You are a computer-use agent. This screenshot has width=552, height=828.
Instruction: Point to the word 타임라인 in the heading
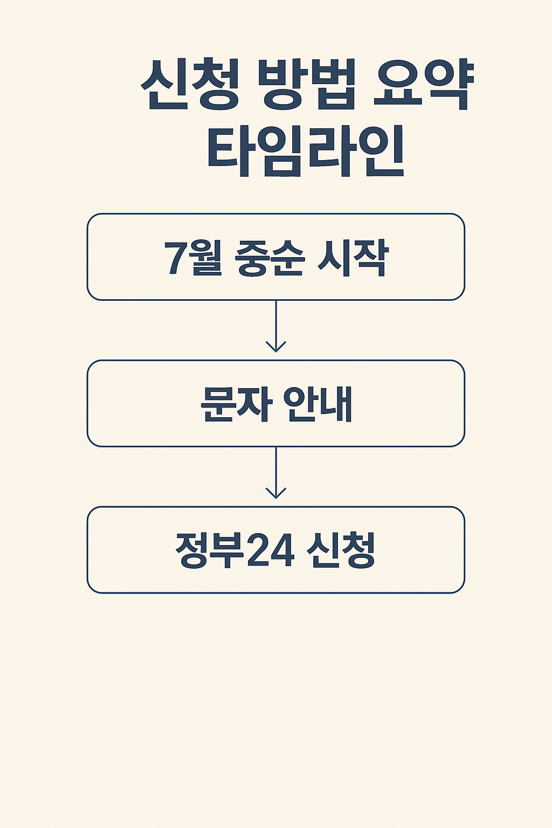(305, 152)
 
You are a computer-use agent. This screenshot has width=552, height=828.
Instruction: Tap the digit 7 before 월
(174, 259)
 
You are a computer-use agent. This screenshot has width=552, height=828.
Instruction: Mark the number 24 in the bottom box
(270, 551)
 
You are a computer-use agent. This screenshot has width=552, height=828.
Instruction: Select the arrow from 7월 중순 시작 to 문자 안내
(276, 326)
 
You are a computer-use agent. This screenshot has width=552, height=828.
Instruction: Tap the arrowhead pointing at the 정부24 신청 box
(276, 493)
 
